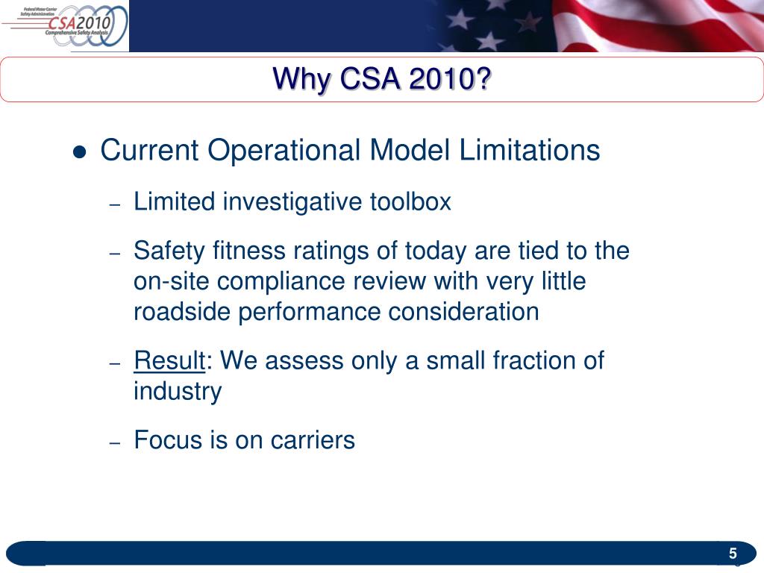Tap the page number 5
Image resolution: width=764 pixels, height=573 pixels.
[733, 554]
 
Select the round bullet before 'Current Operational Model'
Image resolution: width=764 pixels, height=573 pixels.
[81, 152]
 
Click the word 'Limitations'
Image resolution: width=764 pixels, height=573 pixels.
[529, 151]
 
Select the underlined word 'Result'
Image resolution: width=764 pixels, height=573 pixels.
[169, 361]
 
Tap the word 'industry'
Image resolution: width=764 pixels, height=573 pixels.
[178, 392]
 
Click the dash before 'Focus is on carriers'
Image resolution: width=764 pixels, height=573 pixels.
[115, 442]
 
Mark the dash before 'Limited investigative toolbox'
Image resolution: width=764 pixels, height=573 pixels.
[115, 204]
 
